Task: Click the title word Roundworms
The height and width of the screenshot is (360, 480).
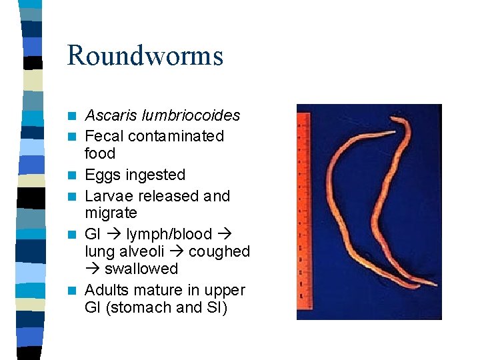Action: (x=145, y=55)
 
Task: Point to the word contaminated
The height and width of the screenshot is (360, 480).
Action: (x=176, y=136)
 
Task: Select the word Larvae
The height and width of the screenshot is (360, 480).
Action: (x=109, y=196)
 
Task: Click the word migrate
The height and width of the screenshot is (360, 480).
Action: (x=111, y=213)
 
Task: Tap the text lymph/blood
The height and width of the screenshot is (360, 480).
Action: (x=169, y=235)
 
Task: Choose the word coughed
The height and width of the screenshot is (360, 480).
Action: (x=219, y=252)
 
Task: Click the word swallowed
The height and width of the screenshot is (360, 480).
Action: (x=141, y=269)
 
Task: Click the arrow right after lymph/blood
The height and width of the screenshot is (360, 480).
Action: (x=223, y=235)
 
